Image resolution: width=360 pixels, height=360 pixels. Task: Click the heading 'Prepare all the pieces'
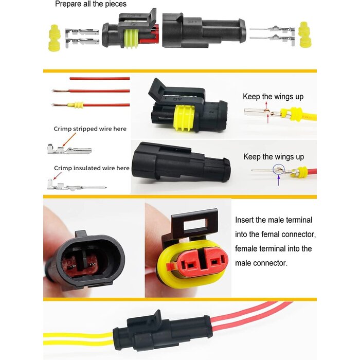(90, 4)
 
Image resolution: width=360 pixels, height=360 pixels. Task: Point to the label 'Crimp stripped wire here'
(90, 129)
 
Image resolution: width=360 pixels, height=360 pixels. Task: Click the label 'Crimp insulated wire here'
(92, 168)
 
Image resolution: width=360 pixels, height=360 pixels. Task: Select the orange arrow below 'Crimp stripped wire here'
(70, 139)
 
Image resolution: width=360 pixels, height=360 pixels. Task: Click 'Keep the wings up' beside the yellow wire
(273, 97)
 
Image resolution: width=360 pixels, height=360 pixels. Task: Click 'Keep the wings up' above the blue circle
(273, 157)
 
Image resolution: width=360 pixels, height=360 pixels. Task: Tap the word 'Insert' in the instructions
(245, 220)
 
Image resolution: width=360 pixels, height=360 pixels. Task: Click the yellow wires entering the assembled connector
(77, 337)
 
